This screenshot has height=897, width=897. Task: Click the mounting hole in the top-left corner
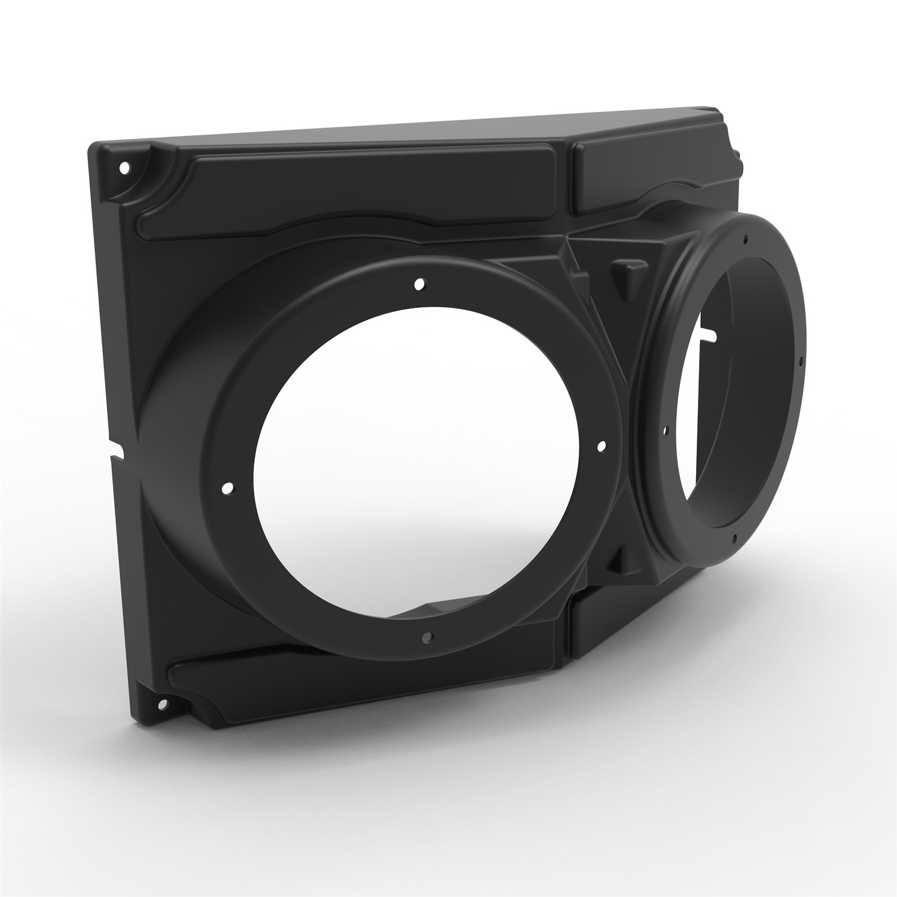coord(124,168)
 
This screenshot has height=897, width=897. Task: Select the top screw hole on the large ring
coord(420,283)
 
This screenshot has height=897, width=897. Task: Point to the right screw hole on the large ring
coord(602,446)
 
